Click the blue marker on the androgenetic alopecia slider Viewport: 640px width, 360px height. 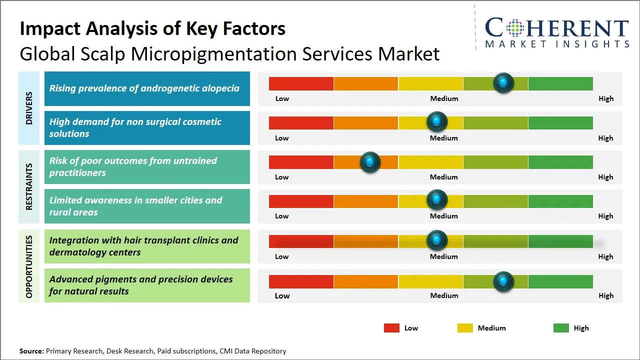click(x=503, y=82)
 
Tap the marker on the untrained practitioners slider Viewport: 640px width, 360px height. click(x=370, y=162)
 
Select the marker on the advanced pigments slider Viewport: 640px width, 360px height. click(x=503, y=281)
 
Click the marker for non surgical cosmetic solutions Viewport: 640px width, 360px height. click(x=437, y=121)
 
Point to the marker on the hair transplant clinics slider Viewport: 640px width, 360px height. click(x=437, y=240)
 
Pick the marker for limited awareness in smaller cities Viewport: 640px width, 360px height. click(x=437, y=199)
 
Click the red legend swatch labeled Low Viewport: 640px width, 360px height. click(x=391, y=328)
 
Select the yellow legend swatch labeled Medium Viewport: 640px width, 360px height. click(x=465, y=328)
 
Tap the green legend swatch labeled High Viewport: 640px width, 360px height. click(x=561, y=328)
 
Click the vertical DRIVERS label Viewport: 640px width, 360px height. click(x=29, y=108)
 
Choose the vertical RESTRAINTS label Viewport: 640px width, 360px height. click(x=29, y=186)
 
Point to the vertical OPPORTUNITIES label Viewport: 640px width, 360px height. click(x=29, y=266)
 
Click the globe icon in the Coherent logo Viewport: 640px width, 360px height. click(x=515, y=28)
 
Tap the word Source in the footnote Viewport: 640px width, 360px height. click(x=31, y=351)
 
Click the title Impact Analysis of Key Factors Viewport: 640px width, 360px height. click(x=152, y=29)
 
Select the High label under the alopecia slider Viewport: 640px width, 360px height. click(x=605, y=98)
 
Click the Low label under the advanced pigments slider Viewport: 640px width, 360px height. click(x=282, y=295)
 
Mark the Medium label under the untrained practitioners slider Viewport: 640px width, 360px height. click(x=443, y=177)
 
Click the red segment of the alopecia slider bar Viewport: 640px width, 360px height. click(x=301, y=83)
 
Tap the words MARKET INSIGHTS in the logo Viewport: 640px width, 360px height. click(x=557, y=44)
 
